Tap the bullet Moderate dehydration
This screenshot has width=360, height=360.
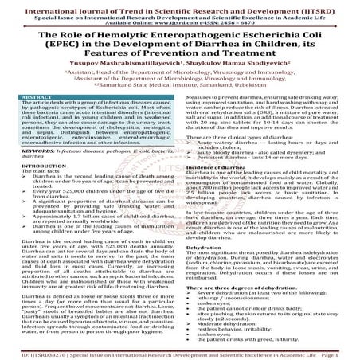(x=219, y=335)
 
